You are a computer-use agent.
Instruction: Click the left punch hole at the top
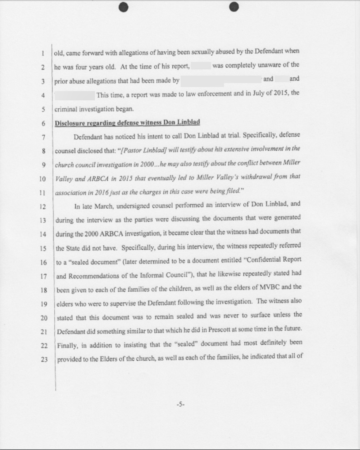coord(123,7)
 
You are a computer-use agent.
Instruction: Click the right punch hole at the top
coord(234,7)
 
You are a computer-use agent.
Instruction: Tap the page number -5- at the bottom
coord(180,404)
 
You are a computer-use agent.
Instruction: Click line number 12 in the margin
coord(43,206)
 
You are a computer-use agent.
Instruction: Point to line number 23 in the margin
coord(44,359)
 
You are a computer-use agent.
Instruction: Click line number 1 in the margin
coord(43,53)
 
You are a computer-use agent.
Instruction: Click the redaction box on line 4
coord(74,95)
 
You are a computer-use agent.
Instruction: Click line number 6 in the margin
coord(43,123)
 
